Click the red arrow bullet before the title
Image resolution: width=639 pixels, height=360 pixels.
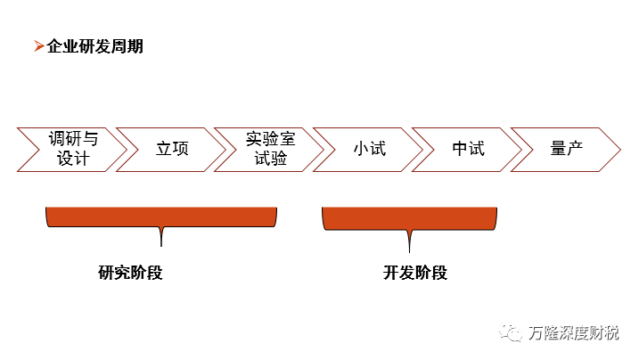[x=38, y=46]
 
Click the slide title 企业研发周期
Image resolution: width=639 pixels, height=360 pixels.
[x=94, y=46]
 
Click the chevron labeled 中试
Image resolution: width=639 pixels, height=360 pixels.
[x=468, y=149]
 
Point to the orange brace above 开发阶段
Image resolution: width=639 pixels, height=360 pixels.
[x=409, y=218]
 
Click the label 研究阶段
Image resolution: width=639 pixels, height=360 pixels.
[x=130, y=273]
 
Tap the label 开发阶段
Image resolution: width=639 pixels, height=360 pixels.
[x=415, y=273]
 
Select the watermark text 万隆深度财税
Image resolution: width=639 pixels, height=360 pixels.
[x=573, y=333]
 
